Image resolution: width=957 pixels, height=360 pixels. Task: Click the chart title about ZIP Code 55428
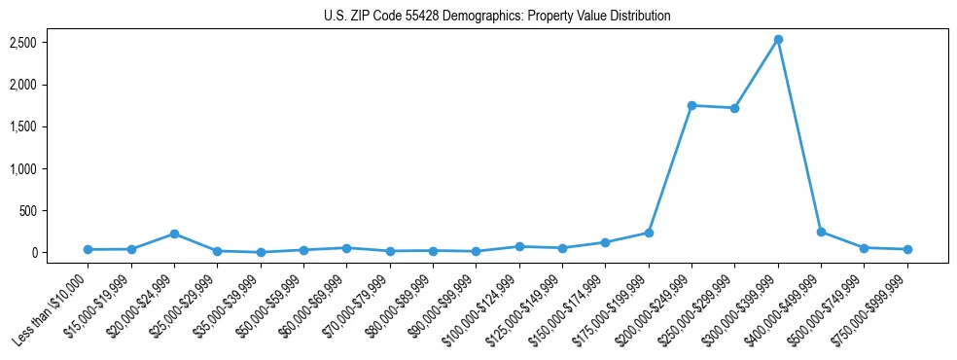coord(497,17)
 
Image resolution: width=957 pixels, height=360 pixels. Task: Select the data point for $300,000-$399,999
coord(778,40)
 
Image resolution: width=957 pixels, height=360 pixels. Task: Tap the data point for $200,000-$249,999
coord(691,105)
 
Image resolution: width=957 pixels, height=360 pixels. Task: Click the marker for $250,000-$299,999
coord(734,108)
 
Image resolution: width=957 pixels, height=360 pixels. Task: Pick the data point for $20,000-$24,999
coord(174,234)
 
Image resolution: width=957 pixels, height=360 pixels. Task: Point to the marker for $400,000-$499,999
coord(821,232)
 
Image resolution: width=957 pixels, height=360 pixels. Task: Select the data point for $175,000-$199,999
coord(649,233)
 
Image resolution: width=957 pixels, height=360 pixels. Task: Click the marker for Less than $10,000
coord(89,249)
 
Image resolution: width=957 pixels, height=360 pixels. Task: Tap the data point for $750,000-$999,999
coord(907,249)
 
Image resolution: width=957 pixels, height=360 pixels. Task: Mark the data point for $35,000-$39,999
coord(261,252)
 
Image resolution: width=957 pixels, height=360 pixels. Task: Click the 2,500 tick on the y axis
coord(23,43)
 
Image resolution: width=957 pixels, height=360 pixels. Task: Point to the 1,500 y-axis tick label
coord(23,126)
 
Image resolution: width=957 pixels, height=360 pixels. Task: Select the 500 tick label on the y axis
coord(28,210)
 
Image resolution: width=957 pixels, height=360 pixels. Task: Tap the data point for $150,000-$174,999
coord(605,242)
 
